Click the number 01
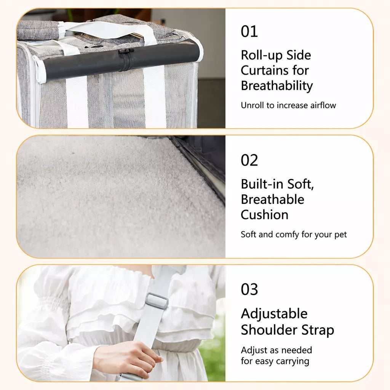(x=249, y=31)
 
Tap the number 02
(x=249, y=160)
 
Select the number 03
(x=249, y=289)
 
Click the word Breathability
(x=277, y=86)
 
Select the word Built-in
(x=262, y=184)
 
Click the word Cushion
(x=264, y=215)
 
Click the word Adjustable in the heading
(x=274, y=314)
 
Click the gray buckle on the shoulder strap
(x=157, y=301)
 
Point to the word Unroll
(x=253, y=105)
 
